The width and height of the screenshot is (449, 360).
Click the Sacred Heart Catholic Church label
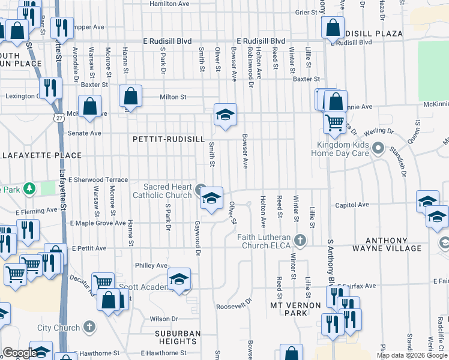tap(162, 191)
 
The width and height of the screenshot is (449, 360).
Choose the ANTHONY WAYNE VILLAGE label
tap(402, 244)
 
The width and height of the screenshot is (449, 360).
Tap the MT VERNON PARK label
tap(288, 309)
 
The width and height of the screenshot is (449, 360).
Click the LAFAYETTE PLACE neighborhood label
tap(42, 155)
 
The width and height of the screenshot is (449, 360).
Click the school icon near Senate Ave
tap(225, 115)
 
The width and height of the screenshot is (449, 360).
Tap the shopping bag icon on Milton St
tap(130, 97)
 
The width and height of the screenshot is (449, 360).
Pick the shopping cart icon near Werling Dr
tap(334, 122)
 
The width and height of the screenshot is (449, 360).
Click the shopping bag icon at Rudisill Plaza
tap(332, 28)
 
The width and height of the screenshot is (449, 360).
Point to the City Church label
tap(58, 328)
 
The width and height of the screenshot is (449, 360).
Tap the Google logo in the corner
tap(20, 353)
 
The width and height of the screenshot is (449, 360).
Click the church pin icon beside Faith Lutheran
tap(301, 241)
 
